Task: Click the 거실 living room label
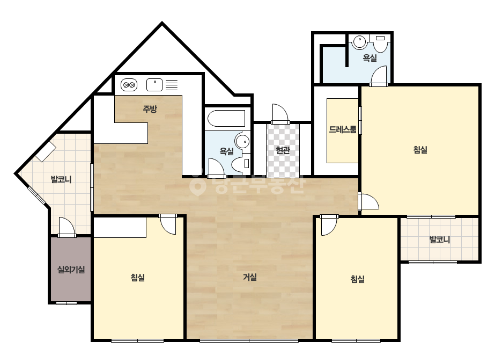[250, 277]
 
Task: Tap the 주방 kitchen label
[150, 109]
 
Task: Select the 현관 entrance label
[283, 150]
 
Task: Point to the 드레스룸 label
[343, 129]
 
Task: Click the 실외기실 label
[71, 270]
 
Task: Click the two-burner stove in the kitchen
[129, 85]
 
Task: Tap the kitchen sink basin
[154, 85]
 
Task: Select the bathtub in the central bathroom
[227, 118]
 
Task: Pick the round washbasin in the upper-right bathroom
[359, 42]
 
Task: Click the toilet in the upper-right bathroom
[380, 43]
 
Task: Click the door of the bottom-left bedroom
[168, 224]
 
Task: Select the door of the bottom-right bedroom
[329, 225]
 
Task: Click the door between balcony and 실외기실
[67, 227]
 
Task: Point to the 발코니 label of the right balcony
[440, 239]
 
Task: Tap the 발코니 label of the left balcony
[61, 179]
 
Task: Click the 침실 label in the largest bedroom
[420, 150]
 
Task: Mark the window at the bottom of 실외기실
[67, 303]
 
